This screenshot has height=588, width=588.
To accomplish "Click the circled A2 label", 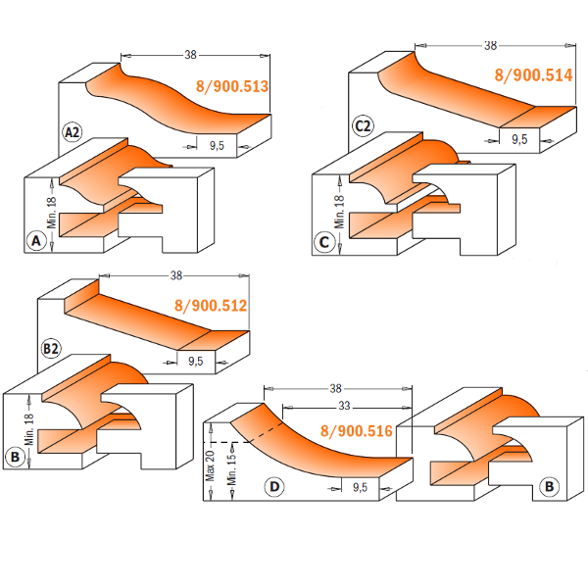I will (72, 132).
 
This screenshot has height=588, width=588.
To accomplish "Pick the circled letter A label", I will (36, 240).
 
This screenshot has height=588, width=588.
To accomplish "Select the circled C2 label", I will (363, 125).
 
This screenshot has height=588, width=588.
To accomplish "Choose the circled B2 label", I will (50, 348).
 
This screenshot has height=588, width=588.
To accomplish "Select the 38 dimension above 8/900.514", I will (490, 45).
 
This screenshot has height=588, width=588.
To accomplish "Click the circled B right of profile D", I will (550, 485).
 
